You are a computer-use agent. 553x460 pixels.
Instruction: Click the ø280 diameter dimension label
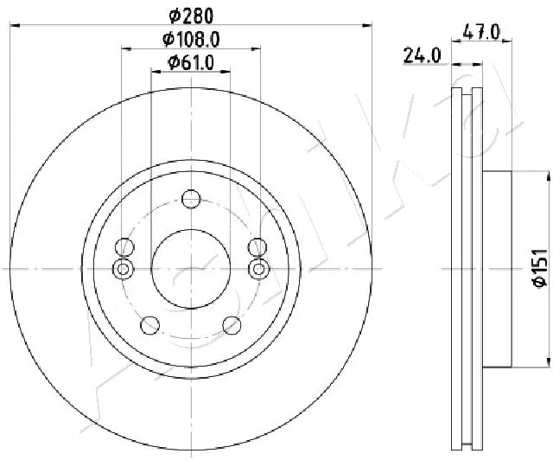coord(190,15)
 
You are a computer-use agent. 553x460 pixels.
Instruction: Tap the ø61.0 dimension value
coord(190,62)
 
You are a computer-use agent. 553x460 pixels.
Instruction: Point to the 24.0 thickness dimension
coord(423,56)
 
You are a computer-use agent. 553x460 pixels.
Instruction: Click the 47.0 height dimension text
coord(482,32)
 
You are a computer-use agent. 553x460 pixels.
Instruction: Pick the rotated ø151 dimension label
coord(536,269)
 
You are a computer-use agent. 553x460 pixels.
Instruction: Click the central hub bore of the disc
coord(191,269)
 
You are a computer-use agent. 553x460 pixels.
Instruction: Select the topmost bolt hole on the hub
coord(191,200)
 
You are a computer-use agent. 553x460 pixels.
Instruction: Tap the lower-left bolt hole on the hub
coord(150,324)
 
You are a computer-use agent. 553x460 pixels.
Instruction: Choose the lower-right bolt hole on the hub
coord(232,324)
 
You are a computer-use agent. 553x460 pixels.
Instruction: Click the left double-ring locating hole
coord(124,270)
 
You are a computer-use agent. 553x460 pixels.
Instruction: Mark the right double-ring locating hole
coord(258,270)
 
